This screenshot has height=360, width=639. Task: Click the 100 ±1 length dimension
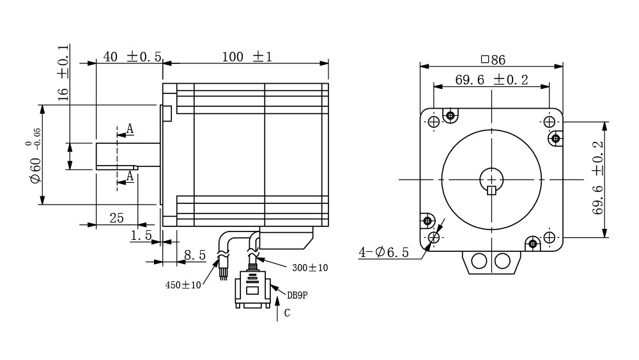click(x=247, y=57)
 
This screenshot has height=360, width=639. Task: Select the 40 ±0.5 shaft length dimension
click(x=132, y=56)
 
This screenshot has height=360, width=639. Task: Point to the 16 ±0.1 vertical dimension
click(x=63, y=73)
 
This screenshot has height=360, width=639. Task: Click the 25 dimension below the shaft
click(x=116, y=217)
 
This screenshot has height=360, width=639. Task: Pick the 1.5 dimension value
click(x=141, y=235)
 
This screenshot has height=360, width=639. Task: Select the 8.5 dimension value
click(x=195, y=255)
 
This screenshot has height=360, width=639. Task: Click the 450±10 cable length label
click(x=183, y=285)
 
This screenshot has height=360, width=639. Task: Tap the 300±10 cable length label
click(x=310, y=268)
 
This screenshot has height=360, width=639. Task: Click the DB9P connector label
click(x=297, y=295)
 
